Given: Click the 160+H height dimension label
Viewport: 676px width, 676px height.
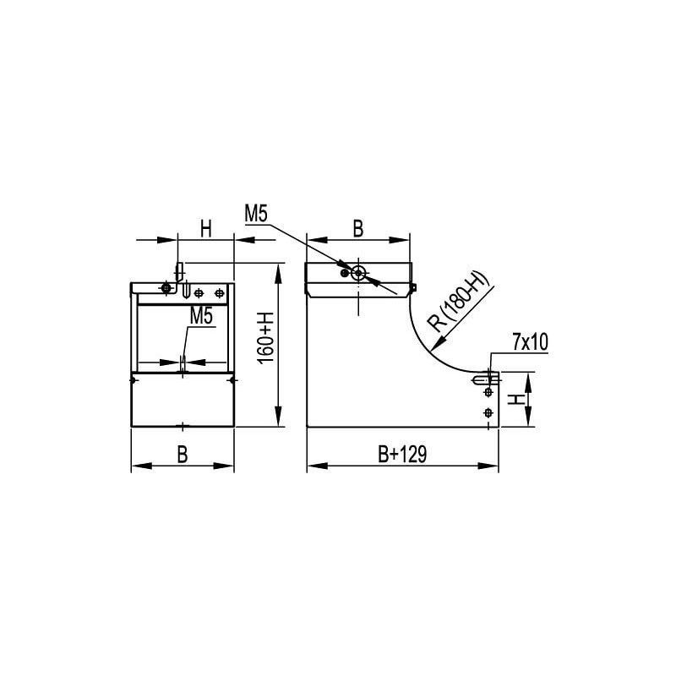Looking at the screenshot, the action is (x=265, y=339).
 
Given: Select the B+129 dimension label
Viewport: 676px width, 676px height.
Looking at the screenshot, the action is (x=402, y=454).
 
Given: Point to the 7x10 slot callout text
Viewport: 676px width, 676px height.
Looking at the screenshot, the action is (x=531, y=342).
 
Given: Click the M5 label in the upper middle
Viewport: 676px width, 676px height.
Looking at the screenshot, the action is (x=256, y=214).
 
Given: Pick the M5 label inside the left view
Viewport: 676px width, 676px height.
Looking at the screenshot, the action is (x=201, y=316).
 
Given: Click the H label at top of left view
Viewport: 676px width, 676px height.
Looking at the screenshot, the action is (x=206, y=228).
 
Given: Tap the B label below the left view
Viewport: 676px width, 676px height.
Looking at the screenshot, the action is (x=183, y=455).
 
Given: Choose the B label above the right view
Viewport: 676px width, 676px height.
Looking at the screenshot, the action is (x=357, y=228).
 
